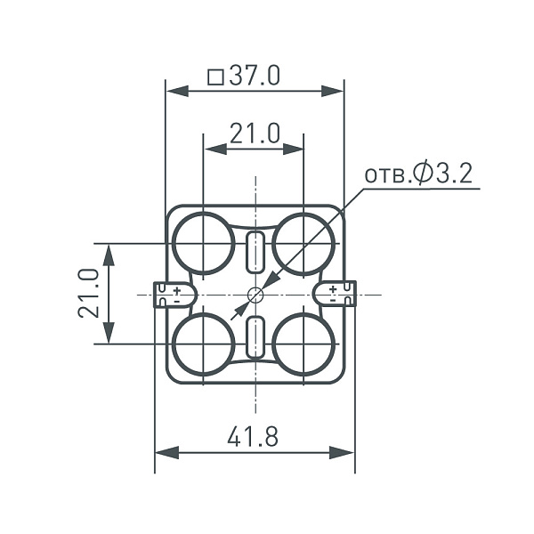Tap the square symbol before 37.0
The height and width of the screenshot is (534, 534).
(214, 77)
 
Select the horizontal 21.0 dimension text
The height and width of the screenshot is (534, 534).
(255, 133)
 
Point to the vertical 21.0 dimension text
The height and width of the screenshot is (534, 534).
(87, 293)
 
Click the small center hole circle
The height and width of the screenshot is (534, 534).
(255, 294)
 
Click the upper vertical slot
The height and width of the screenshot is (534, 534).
(255, 252)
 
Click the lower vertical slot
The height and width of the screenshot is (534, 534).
(255, 336)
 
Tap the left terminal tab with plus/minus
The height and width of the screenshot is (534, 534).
(171, 294)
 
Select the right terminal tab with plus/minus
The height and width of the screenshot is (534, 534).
(338, 294)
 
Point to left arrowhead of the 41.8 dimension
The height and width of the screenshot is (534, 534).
(163, 453)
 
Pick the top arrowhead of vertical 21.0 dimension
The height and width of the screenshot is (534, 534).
(109, 252)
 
